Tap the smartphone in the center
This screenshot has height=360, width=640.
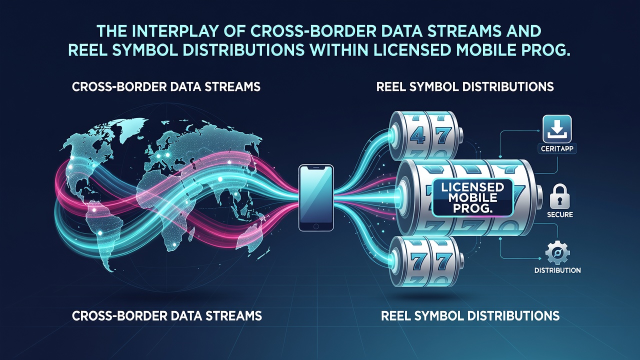pyautogui.click(x=316, y=197)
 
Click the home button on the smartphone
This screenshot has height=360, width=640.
pyautogui.click(x=316, y=226)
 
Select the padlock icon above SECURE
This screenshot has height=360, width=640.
pyautogui.click(x=559, y=196)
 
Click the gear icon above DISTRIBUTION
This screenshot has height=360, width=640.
pyautogui.click(x=557, y=253)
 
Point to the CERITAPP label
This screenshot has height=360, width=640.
pyautogui.click(x=557, y=149)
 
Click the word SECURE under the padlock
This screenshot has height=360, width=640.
pyautogui.click(x=559, y=214)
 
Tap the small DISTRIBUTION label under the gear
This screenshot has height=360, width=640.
pyautogui.click(x=557, y=270)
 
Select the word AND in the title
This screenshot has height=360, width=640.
pyautogui.click(x=525, y=31)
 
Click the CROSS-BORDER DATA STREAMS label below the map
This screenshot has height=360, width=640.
pyautogui.click(x=167, y=316)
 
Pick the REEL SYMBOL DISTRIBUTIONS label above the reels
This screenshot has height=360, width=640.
pyautogui.click(x=465, y=86)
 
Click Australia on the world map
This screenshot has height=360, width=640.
pyautogui.click(x=250, y=237)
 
